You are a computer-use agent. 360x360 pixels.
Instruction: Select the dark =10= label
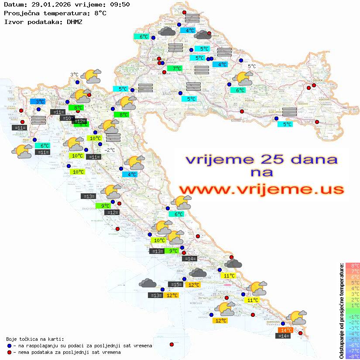coord(67,118)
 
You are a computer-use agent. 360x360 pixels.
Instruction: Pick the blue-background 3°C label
coord(38,102)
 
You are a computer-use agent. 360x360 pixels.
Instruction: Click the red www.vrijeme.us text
coord(261,189)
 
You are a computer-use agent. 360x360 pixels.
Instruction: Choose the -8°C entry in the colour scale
coord(353,357)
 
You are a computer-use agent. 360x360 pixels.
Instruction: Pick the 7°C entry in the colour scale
coord(353,271)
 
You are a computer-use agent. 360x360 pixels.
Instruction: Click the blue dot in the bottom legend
coord(10,346)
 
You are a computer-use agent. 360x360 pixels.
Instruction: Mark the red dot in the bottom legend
coord(10,352)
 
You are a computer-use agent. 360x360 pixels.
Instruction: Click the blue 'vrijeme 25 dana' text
coord(261,159)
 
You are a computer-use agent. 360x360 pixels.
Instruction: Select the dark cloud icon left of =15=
coord(147,283)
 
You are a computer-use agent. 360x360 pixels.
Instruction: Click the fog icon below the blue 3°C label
coord(38,120)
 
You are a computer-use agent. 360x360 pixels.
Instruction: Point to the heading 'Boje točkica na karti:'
coord(35,339)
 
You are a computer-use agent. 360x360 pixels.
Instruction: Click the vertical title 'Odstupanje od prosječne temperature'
coord(341,311)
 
